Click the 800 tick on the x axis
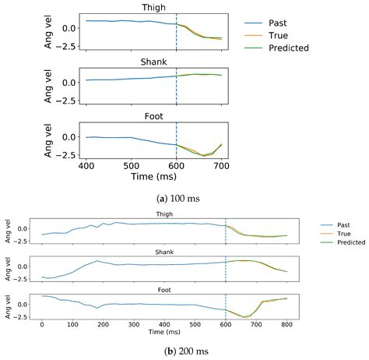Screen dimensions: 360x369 pyautogui.click(x=287, y=323)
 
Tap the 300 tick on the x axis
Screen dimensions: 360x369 pyautogui.click(x=134, y=323)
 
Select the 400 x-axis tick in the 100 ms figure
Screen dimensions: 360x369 pyautogui.click(x=86, y=168)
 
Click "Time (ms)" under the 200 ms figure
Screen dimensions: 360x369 pyautogui.click(x=164, y=331)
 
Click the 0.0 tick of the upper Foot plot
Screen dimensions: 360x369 pyautogui.click(x=69, y=137)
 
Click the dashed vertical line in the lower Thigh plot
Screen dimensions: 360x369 pyautogui.click(x=226, y=231)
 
